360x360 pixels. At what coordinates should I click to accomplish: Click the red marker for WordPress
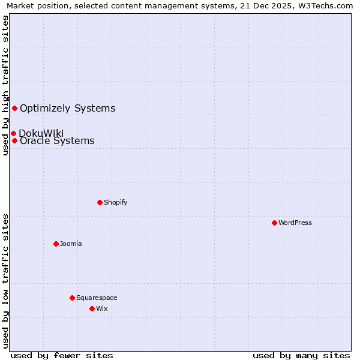[x=274, y=223]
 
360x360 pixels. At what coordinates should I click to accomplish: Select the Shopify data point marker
[x=100, y=202]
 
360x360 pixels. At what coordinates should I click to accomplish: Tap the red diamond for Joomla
[x=56, y=244]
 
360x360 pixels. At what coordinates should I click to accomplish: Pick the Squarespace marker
[x=72, y=298]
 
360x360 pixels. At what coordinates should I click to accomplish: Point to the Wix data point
[x=92, y=308]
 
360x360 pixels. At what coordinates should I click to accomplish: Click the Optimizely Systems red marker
[x=14, y=108]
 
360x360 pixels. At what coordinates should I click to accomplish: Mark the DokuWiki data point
[x=13, y=133]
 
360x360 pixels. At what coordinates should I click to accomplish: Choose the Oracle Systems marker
[x=14, y=140]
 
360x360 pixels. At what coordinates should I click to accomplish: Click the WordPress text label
[x=295, y=223]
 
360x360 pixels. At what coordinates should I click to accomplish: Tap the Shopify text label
[x=116, y=202]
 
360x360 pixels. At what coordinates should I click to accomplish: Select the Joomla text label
[x=71, y=244]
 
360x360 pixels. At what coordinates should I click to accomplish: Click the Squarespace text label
[x=97, y=298]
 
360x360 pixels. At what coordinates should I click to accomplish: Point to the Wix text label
[x=102, y=308]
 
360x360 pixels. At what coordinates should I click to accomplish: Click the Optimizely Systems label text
[x=67, y=108]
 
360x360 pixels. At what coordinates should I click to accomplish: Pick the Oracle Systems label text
[x=57, y=141]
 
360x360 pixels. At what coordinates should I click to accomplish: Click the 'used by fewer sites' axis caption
[x=62, y=355]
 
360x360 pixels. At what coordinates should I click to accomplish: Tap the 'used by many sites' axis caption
[x=301, y=355]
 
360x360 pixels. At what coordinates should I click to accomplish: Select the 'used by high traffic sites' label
[x=5, y=85]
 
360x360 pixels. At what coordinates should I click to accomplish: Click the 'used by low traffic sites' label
[x=5, y=281]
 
